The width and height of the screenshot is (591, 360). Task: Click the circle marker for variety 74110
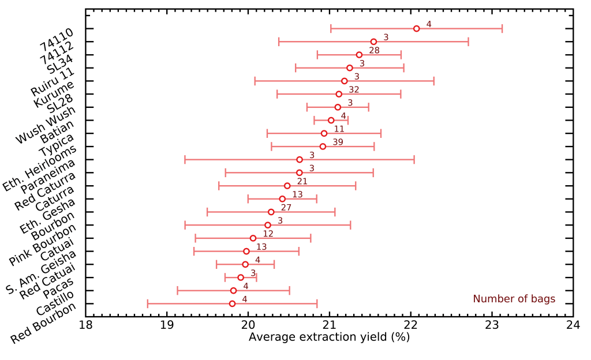tap(417, 28)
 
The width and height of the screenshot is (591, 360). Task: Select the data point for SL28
tap(339, 94)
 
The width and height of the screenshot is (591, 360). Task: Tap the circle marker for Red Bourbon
tap(232, 303)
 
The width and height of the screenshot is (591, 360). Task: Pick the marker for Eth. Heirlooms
tap(323, 147)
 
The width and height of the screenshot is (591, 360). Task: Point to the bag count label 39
tap(338, 142)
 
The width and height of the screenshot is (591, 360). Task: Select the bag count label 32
tap(354, 89)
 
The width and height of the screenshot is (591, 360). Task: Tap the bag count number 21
tap(302, 181)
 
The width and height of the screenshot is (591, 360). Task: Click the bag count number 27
tap(286, 207)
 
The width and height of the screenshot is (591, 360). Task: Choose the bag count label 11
tap(339, 129)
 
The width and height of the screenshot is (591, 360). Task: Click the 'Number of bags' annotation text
tap(514, 299)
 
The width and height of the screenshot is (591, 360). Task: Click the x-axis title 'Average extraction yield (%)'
tap(329, 337)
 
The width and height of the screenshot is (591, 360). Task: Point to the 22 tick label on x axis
tap(410, 324)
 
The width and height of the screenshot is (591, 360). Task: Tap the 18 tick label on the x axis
tap(85, 324)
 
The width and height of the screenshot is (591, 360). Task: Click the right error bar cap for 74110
tap(502, 28)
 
